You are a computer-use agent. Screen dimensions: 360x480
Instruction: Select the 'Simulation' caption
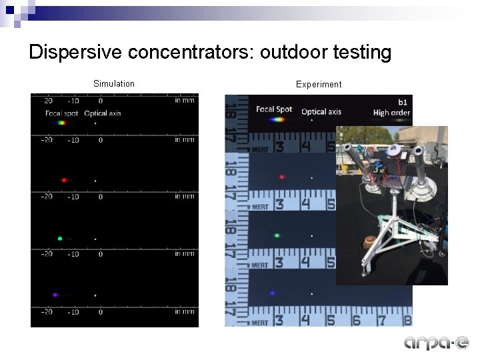tap(114, 84)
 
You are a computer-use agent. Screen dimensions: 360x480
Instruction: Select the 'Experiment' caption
tap(319, 85)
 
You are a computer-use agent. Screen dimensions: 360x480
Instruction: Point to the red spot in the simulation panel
tap(64, 180)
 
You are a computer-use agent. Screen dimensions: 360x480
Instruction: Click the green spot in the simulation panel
tap(60, 238)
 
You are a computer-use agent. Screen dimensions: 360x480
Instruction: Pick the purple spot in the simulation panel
tap(55, 295)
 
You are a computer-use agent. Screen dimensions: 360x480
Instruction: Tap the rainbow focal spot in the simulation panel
tap(61, 123)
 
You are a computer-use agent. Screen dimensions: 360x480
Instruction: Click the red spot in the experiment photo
tap(282, 177)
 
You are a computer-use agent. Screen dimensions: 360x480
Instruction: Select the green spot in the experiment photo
tap(277, 235)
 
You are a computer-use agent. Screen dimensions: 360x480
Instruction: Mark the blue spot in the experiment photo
tap(273, 293)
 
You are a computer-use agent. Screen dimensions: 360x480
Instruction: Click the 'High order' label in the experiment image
tap(391, 113)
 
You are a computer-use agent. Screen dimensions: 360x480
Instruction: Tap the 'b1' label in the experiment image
tap(403, 102)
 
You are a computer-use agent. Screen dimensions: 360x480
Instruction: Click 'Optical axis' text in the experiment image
tap(321, 111)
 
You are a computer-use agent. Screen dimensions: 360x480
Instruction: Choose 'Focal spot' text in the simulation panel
tap(62, 113)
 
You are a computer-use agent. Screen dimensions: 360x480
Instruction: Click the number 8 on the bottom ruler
tap(407, 321)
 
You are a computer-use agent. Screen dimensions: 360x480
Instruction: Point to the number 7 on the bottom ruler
tap(381, 321)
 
